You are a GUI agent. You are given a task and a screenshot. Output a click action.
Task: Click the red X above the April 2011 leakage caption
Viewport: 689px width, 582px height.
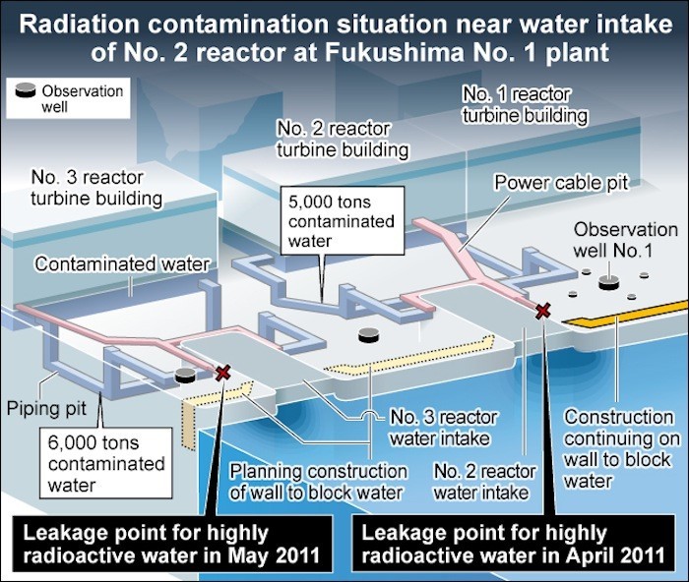(543, 312)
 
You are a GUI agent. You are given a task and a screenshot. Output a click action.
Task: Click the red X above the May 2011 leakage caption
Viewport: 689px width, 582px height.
(222, 373)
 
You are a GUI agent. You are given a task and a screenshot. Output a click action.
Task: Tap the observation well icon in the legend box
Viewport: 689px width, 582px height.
(26, 90)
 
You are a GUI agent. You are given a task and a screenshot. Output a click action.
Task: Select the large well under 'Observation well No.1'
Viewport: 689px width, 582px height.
(608, 283)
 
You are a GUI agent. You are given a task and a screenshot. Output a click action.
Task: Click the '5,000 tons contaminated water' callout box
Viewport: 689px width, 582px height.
(343, 221)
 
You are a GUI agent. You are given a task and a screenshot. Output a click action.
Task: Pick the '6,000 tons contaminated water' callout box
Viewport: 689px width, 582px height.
(105, 463)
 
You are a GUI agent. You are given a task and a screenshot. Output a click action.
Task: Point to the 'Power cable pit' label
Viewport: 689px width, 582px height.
(562, 183)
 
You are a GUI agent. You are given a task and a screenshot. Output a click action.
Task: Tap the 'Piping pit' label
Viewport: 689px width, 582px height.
(46, 408)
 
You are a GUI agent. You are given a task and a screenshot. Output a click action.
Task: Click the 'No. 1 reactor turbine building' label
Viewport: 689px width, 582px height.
(525, 104)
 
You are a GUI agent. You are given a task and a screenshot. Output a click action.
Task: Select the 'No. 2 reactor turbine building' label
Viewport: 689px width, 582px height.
(343, 140)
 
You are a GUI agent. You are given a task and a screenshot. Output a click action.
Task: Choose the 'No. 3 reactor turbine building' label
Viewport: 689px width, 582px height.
(96, 188)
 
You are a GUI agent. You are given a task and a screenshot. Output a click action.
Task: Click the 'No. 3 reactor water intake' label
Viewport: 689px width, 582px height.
(443, 428)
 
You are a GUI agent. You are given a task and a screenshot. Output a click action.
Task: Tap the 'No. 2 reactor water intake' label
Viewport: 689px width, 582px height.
(484, 482)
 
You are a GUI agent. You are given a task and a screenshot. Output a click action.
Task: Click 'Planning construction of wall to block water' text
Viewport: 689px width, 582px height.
(318, 482)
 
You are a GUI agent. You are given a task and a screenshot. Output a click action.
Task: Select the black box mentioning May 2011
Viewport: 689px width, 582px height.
(172, 544)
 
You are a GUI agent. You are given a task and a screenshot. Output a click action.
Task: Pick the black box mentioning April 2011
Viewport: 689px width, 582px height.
(513, 544)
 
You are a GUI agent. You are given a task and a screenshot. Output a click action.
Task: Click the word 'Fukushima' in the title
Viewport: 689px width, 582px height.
(394, 52)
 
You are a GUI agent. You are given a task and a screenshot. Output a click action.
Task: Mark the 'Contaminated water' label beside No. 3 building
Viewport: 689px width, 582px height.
(122, 264)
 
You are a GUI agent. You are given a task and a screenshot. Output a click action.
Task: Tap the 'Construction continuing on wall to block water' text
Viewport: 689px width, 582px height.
(621, 448)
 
